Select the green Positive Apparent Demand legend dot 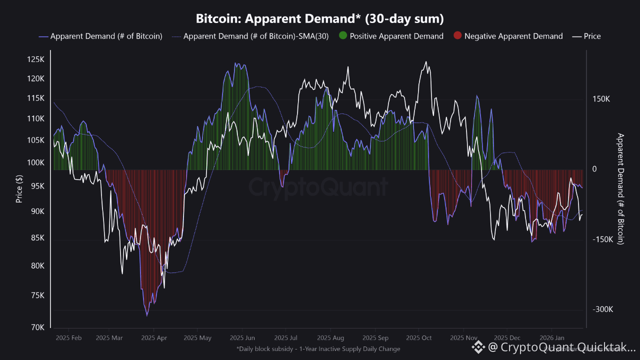(x=342, y=36)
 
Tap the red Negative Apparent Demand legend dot (x=457, y=36)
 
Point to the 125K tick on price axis (x=36, y=59)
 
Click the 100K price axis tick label (x=36, y=162)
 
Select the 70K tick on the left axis (x=38, y=327)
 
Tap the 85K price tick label (x=38, y=238)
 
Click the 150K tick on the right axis (x=601, y=99)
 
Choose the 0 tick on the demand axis (x=594, y=169)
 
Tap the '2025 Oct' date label (x=419, y=338)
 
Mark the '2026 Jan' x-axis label (x=553, y=338)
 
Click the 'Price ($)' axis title (x=19, y=188)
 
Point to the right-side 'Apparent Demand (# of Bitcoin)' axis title (x=620, y=188)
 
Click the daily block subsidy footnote (x=318, y=348)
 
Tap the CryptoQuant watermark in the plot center (x=318, y=187)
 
